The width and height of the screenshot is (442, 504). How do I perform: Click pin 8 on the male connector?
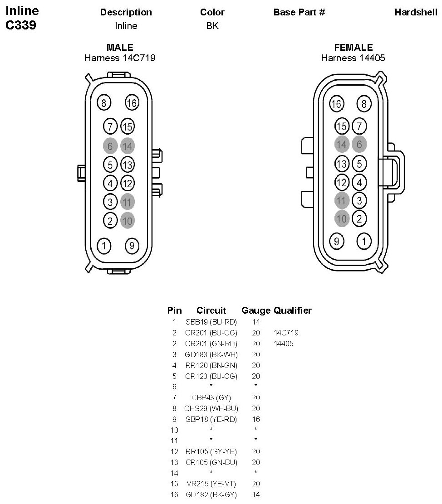[104, 103]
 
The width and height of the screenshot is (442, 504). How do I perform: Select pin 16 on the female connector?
[336, 104]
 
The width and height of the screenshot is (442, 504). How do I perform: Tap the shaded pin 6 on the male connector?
[110, 146]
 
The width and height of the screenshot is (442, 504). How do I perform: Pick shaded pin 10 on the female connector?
[341, 219]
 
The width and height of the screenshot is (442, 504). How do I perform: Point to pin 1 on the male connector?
[104, 246]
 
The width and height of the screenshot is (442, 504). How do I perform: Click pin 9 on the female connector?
[336, 241]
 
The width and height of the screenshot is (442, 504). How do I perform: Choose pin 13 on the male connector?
[128, 164]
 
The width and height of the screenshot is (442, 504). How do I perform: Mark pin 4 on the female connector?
[359, 183]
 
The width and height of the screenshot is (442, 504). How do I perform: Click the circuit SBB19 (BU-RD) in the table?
[211, 322]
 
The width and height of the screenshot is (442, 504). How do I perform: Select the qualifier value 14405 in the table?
[284, 344]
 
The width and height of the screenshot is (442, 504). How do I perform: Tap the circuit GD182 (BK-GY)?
[211, 494]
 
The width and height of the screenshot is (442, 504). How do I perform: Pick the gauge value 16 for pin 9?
[256, 419]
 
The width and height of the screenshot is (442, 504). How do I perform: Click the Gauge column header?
[256, 310]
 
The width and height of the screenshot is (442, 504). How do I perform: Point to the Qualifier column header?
[293, 310]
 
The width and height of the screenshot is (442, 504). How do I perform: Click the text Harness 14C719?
[120, 58]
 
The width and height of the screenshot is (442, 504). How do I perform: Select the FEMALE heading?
[354, 48]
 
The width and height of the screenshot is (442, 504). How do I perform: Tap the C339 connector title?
[21, 25]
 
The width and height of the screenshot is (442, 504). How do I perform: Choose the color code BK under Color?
[212, 26]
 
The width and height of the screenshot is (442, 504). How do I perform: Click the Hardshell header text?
[416, 12]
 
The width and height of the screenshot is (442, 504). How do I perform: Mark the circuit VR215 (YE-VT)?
[211, 484]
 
